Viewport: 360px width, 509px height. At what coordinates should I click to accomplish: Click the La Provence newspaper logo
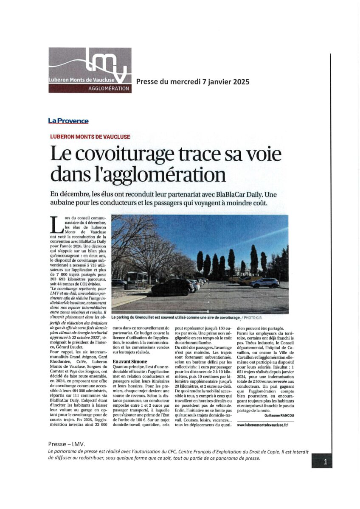[68, 121]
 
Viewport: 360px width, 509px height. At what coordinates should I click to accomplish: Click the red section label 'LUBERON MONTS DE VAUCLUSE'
[90, 137]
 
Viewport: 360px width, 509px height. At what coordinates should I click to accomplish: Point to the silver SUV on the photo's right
[265, 282]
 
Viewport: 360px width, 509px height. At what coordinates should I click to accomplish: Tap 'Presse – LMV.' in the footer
[67, 444]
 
